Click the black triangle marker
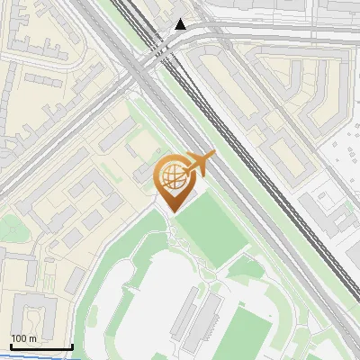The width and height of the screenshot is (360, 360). [x=180, y=24]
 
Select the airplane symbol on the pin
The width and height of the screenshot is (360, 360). [x=200, y=163]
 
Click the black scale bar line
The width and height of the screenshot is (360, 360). [x=41, y=347]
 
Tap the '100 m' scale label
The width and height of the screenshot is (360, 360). [x=24, y=338]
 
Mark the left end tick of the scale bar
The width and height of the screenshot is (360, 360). [x=11, y=346]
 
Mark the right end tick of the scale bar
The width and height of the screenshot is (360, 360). [x=72, y=346]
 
